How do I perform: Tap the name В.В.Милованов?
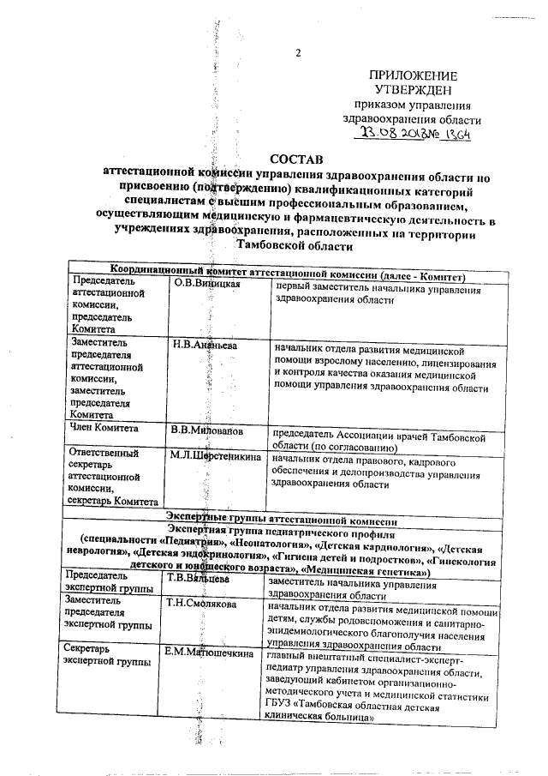point(207,428)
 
